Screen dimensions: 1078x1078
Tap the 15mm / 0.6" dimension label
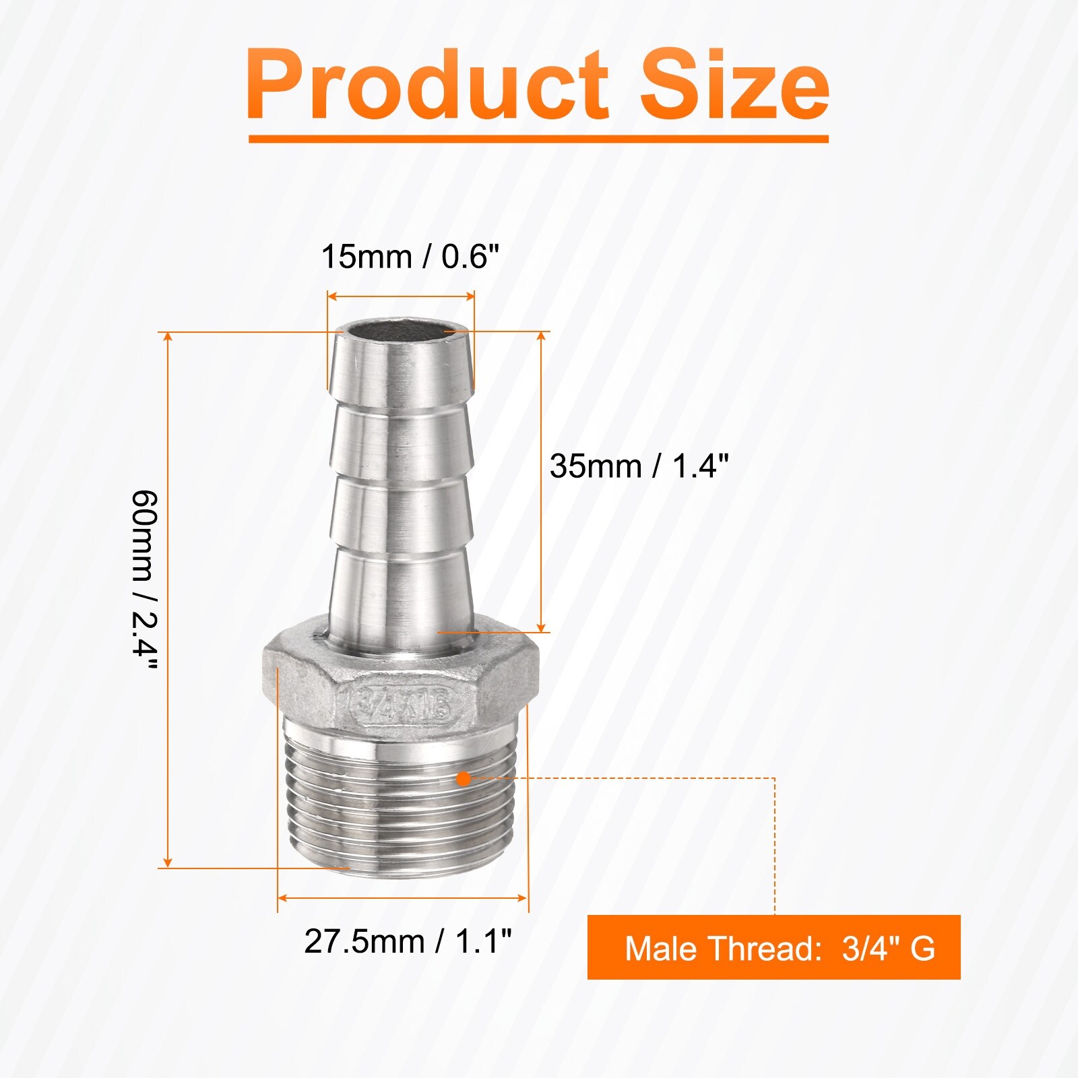(x=410, y=257)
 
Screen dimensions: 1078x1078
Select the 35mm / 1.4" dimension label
(x=639, y=466)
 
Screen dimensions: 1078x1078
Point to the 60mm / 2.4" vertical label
(x=145, y=579)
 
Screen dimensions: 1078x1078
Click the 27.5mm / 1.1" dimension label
(x=408, y=941)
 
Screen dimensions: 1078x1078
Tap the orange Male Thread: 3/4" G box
(x=773, y=947)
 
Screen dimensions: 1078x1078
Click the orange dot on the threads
(x=464, y=779)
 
